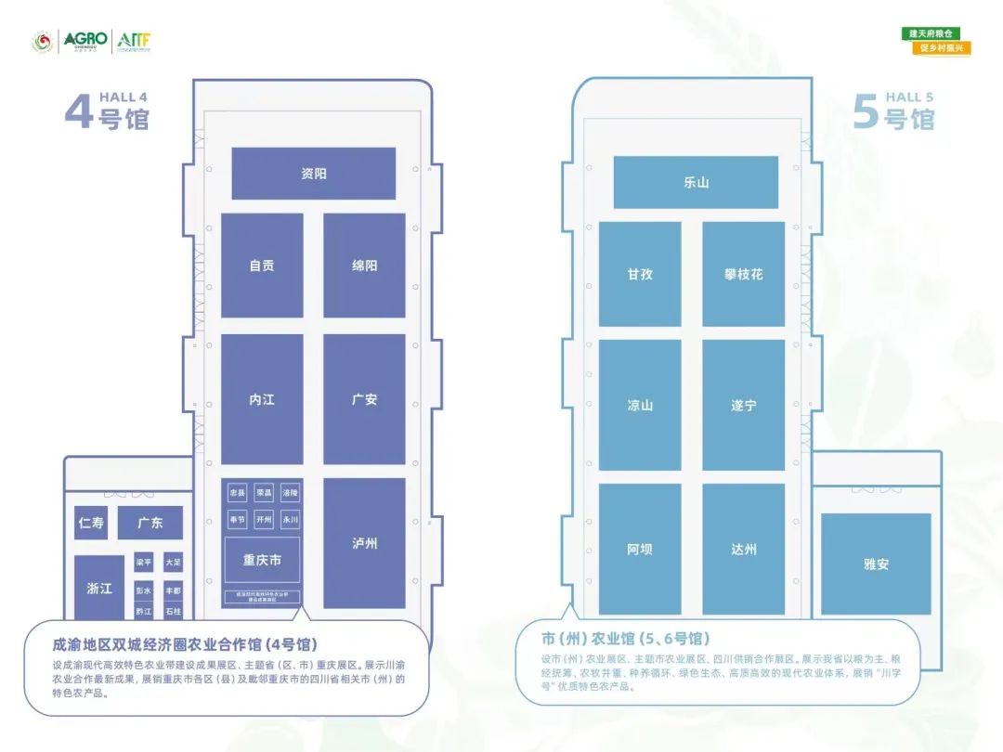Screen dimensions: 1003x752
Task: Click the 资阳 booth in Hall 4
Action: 314,174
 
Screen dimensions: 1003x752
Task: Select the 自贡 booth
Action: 262,266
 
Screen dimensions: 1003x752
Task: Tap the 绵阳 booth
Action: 364,266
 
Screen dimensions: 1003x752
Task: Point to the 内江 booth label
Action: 262,399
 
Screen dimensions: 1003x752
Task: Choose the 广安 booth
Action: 364,399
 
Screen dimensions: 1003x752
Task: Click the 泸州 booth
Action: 364,543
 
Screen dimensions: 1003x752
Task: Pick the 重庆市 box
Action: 262,560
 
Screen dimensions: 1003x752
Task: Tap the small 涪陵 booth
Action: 291,493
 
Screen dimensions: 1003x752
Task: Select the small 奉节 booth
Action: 238,520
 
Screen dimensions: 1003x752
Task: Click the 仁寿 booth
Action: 91,523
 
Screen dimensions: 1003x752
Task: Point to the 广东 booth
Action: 150,523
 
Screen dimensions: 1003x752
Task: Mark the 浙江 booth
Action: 99,588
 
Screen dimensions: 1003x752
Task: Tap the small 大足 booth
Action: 173,563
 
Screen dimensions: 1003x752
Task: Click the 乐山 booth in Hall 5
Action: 696,182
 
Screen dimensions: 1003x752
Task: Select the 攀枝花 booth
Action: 743,275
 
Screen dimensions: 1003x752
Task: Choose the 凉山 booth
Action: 640,406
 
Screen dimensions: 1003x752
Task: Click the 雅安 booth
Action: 876,564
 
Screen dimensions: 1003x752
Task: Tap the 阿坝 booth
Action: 640,549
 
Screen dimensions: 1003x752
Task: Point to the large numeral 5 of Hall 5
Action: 865,113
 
